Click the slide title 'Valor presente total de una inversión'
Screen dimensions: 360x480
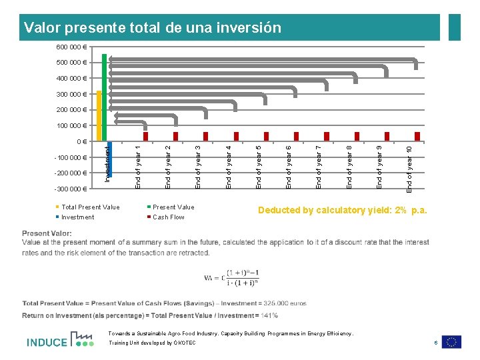point(152,28)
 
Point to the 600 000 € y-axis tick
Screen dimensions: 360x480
point(69,47)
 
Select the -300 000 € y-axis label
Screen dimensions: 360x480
point(69,189)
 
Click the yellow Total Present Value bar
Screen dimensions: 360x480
point(99,115)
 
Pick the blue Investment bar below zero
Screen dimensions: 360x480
point(110,159)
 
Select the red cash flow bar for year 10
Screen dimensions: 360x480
point(417,136)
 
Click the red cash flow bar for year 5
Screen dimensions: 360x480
point(266,136)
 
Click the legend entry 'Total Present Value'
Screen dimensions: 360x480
point(90,207)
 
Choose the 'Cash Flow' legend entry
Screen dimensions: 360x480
point(169,217)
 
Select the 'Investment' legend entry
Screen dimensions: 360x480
point(77,217)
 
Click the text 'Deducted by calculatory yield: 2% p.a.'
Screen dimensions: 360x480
point(342,211)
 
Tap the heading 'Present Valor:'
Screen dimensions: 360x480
point(47,233)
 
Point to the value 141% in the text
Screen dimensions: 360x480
point(271,315)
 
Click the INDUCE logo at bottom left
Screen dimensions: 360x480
point(60,340)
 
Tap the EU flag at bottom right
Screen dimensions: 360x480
point(451,341)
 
